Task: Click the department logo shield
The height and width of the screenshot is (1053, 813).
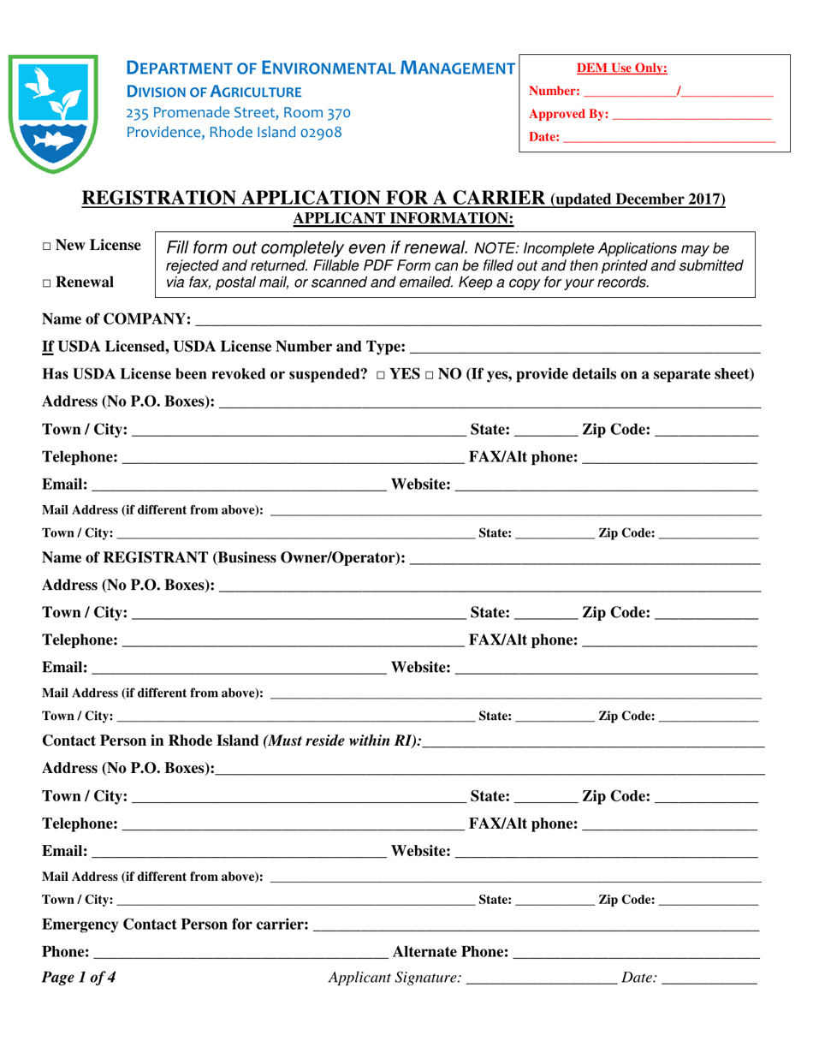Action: (x=50, y=112)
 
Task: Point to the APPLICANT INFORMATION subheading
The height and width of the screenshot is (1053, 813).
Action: (x=403, y=218)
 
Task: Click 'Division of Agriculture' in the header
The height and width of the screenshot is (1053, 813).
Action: (x=214, y=91)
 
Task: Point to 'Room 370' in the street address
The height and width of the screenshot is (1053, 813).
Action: (x=318, y=111)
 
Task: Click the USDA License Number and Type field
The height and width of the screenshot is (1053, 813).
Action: (x=585, y=348)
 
